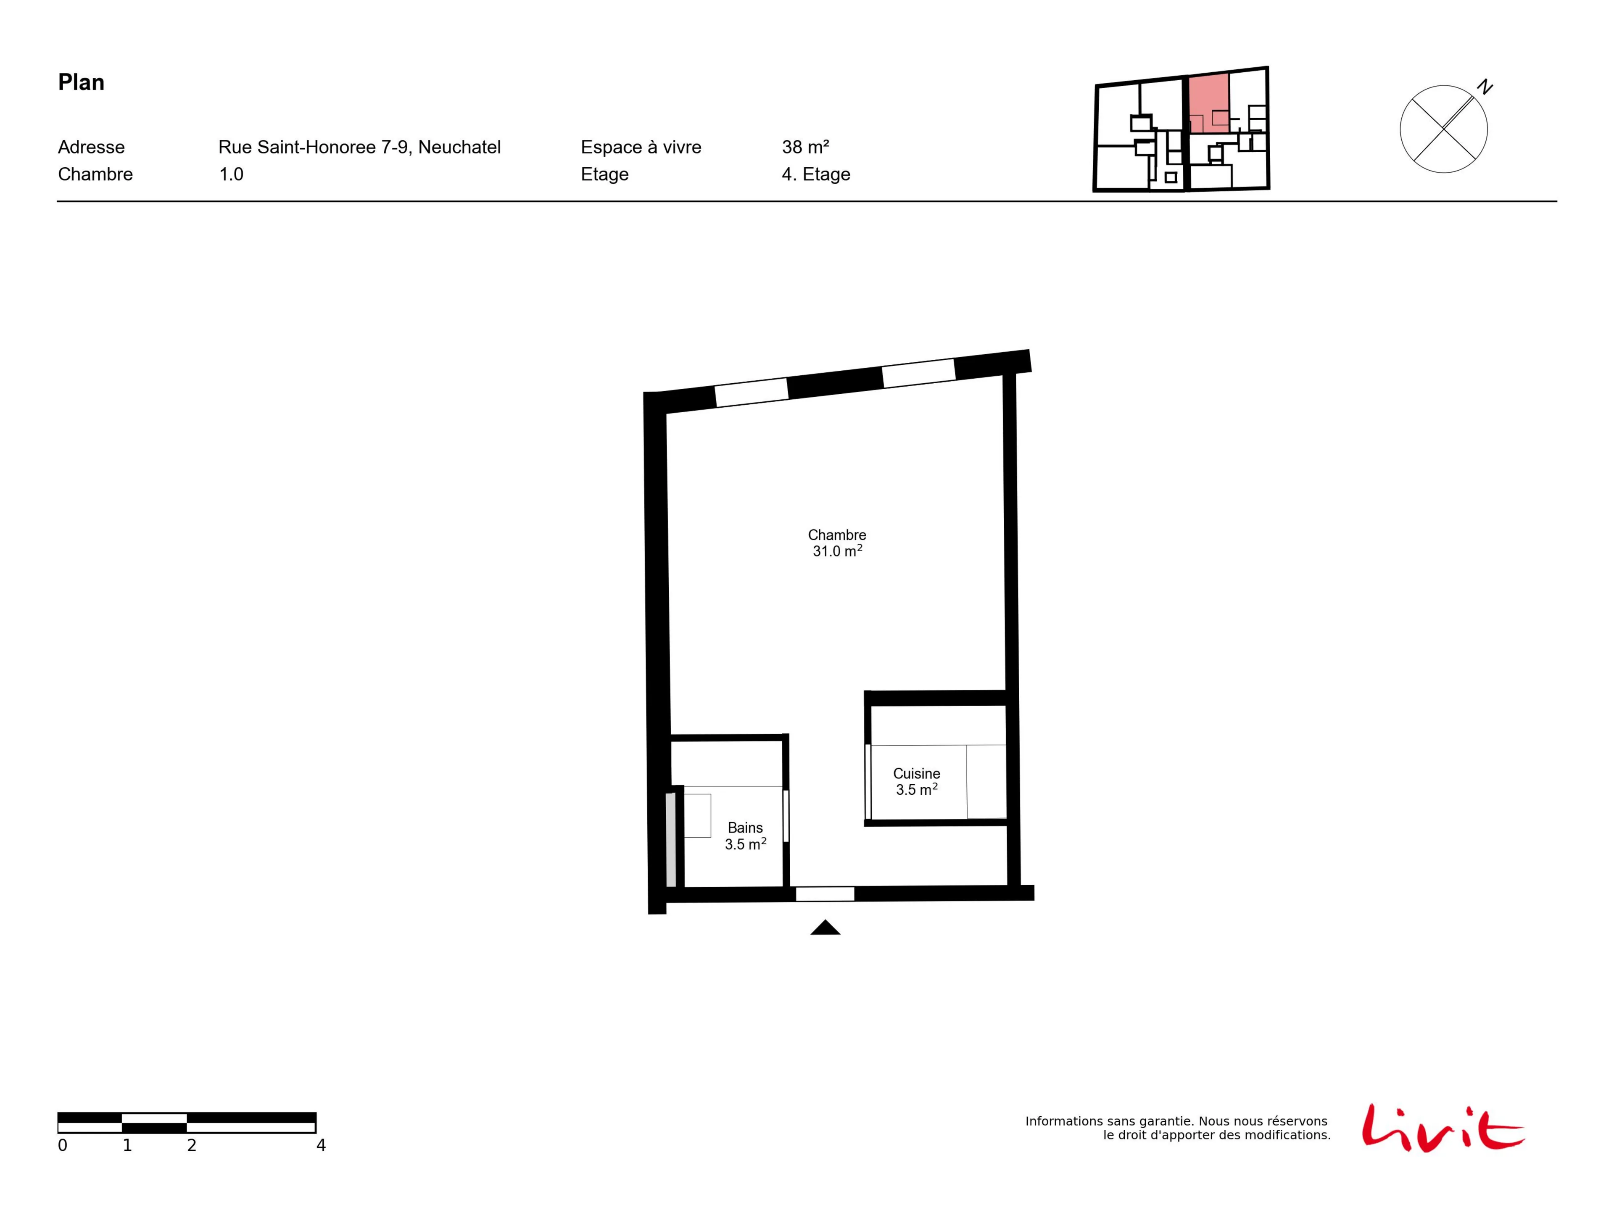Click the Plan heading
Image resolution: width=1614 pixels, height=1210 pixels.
pos(81,82)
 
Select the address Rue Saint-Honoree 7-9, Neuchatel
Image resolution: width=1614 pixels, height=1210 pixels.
pos(360,148)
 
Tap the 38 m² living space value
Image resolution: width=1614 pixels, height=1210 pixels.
pos(806,148)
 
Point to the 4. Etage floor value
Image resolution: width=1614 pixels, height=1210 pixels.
pos(816,174)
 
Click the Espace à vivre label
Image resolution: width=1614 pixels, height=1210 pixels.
pos(641,148)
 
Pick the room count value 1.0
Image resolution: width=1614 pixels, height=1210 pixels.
pos(231,174)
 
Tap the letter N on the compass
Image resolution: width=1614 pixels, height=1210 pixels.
pos(1485,87)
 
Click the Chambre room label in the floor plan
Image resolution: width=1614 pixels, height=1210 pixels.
pos(837,535)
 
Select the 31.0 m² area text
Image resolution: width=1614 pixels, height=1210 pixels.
pos(838,551)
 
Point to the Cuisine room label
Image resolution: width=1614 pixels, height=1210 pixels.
pos(916,774)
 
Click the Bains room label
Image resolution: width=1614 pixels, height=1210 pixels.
pos(745,828)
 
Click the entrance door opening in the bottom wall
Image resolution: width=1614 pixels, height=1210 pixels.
pos(825,894)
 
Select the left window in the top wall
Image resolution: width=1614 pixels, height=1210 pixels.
pos(752,393)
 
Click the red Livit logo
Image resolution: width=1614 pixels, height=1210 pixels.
pos(1443,1128)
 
